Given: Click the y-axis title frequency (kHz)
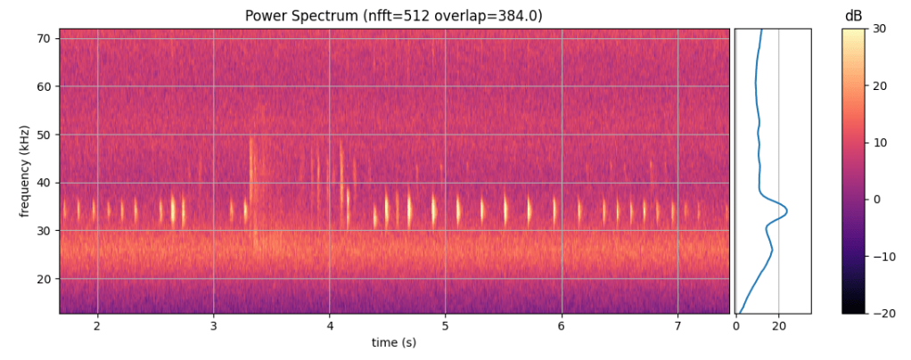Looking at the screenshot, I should pos(23,171).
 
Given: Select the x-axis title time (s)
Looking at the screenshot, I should pos(393,343).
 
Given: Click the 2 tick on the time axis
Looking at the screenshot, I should pos(97,325).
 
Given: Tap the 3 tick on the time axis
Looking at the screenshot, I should pos(214,325).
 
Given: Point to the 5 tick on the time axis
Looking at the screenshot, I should pos(447,325).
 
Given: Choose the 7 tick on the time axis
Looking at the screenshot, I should pos(678,325).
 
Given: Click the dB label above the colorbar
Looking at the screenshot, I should pos(853,16).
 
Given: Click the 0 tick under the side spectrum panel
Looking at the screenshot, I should pos(736,326).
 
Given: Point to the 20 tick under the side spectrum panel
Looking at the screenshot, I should pos(779,326).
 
